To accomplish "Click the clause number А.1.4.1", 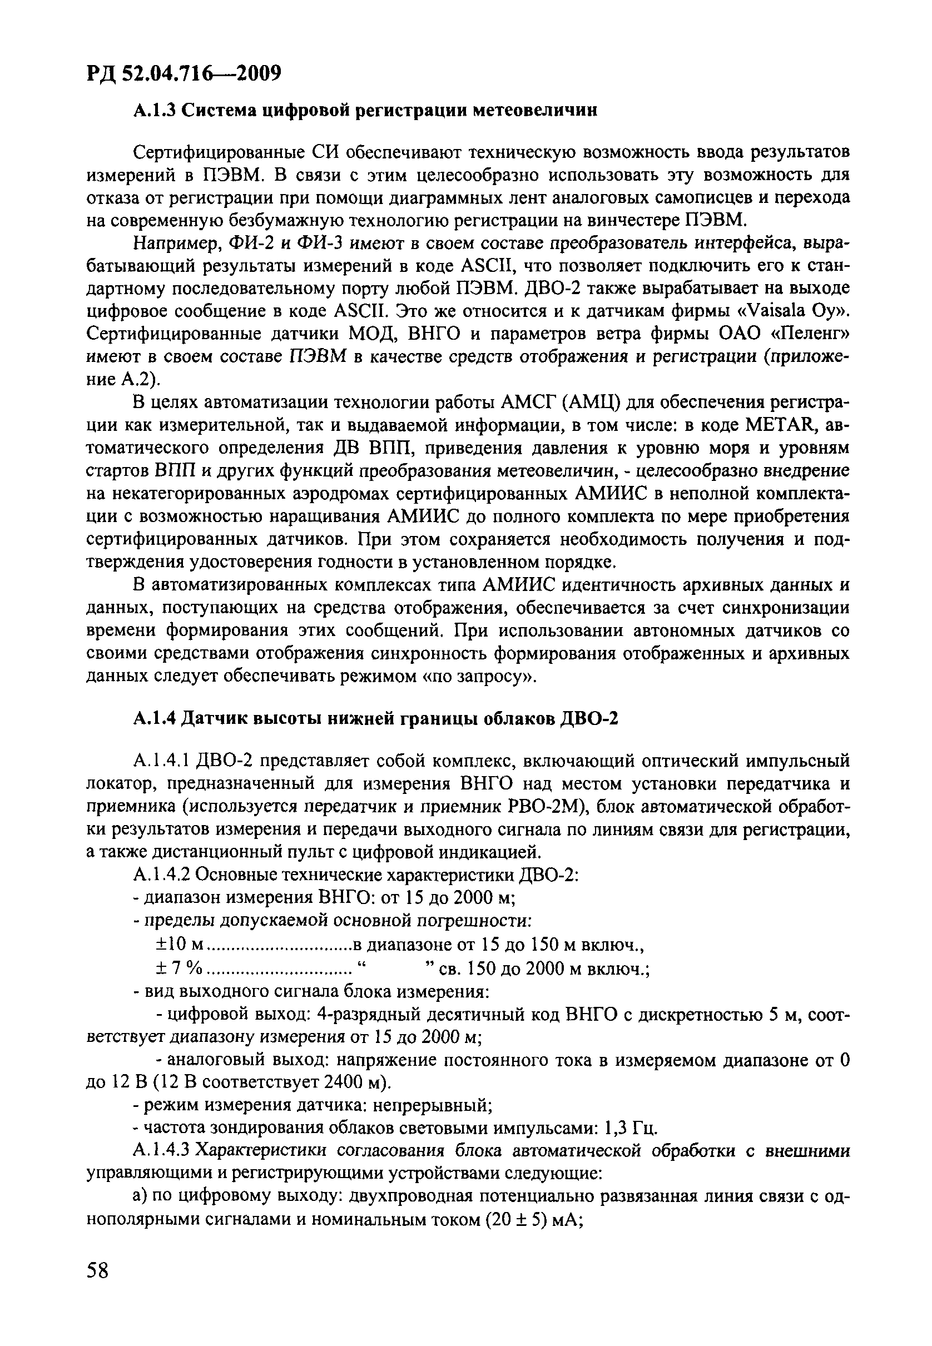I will [161, 761].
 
